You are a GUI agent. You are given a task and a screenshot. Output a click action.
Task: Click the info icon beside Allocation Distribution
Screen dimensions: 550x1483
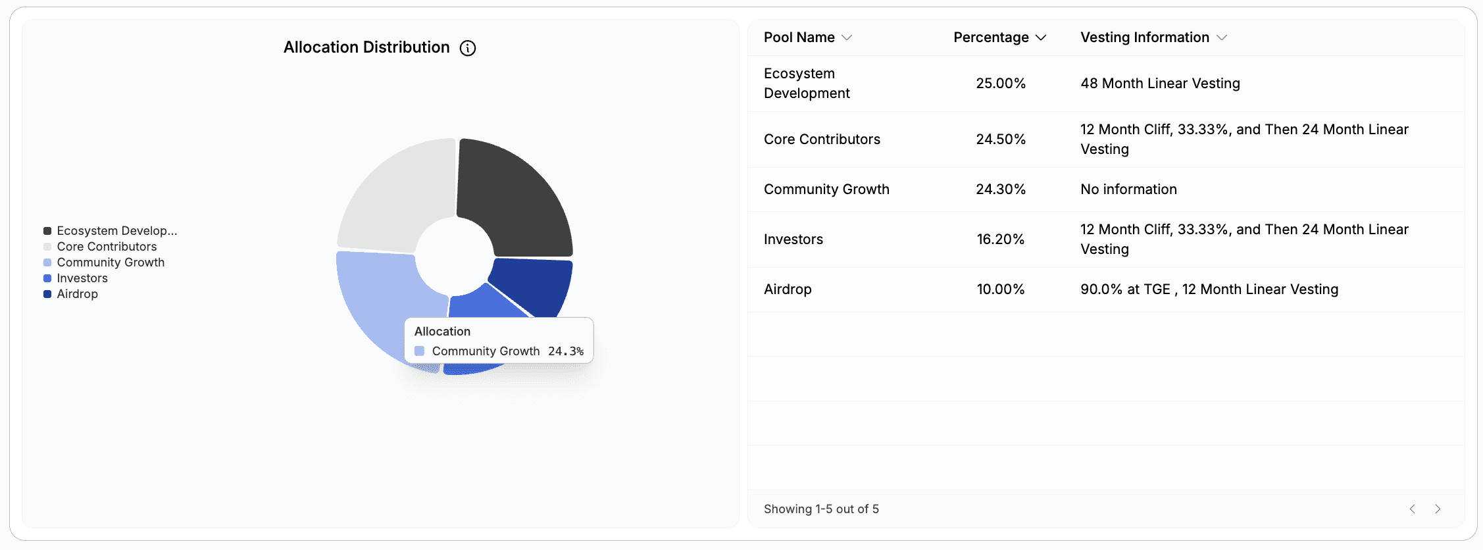tap(467, 48)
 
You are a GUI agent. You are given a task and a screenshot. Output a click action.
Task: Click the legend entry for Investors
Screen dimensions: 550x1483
tap(82, 278)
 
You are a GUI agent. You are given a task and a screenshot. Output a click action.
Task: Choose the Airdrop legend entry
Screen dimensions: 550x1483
tap(77, 294)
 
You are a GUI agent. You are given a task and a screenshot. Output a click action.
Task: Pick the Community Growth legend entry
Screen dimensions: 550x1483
tap(110, 262)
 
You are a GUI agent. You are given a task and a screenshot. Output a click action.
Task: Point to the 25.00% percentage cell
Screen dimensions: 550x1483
tap(1000, 84)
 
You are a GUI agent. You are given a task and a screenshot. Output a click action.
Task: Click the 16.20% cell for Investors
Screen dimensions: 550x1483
tap(1000, 239)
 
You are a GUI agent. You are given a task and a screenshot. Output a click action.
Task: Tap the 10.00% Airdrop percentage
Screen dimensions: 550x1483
tap(1000, 289)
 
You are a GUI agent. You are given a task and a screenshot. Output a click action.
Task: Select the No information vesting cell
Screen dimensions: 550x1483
tap(1128, 189)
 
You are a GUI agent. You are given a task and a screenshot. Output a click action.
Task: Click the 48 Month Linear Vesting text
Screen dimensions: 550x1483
tap(1159, 84)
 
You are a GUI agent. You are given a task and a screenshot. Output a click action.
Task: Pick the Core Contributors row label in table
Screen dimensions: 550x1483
tap(821, 139)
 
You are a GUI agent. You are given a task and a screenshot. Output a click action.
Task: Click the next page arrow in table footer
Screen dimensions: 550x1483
tap(1438, 509)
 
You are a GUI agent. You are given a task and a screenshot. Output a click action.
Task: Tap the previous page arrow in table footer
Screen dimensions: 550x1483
tap(1412, 509)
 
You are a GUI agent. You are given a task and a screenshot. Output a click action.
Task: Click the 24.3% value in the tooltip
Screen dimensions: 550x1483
tap(565, 351)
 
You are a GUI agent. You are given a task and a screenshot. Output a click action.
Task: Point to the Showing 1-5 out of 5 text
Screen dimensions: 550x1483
tap(820, 509)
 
